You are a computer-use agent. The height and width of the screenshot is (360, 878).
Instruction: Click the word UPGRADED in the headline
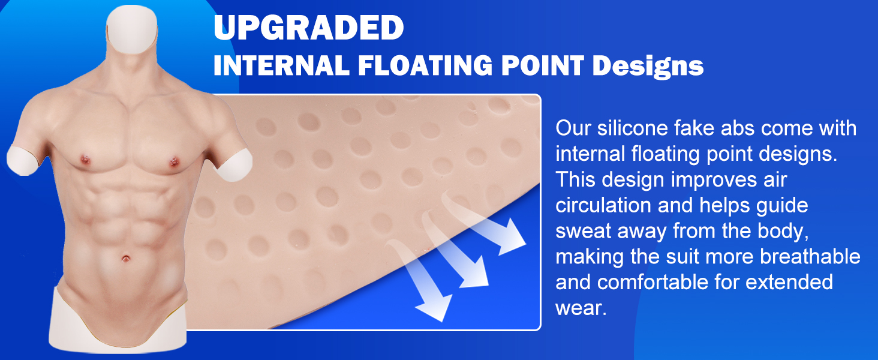[x=308, y=28]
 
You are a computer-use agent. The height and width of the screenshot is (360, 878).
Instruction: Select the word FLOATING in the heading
[x=425, y=65]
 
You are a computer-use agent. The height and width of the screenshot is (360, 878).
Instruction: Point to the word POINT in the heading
[x=543, y=65]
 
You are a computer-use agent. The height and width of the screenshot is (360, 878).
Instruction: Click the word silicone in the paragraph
[x=632, y=128]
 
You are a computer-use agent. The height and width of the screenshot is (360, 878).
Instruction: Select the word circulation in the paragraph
[x=603, y=205]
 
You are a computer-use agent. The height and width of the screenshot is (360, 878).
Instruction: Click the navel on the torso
[x=126, y=259]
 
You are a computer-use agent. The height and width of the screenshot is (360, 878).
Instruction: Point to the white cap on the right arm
[x=22, y=161]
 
